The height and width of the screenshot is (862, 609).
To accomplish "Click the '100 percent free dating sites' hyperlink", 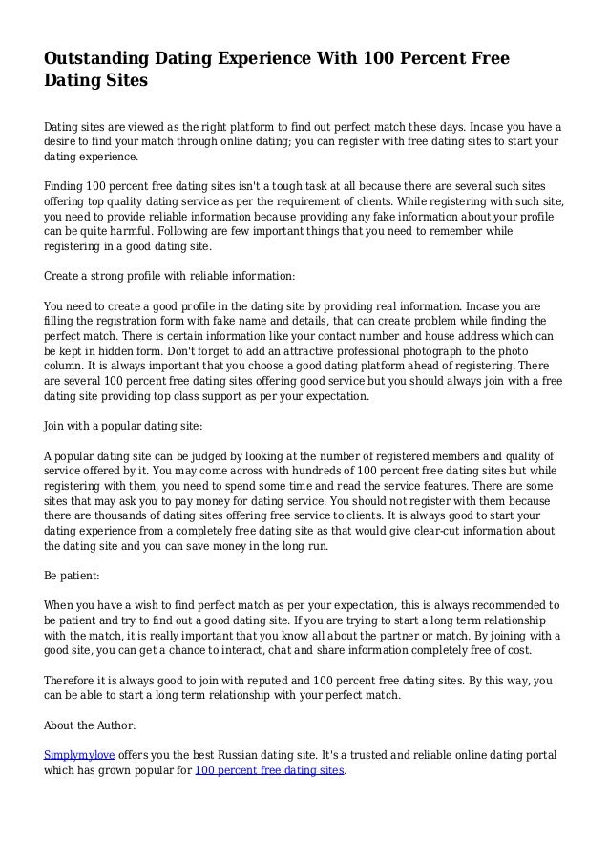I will [x=268, y=769].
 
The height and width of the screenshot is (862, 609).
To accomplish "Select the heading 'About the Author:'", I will [x=90, y=723].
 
